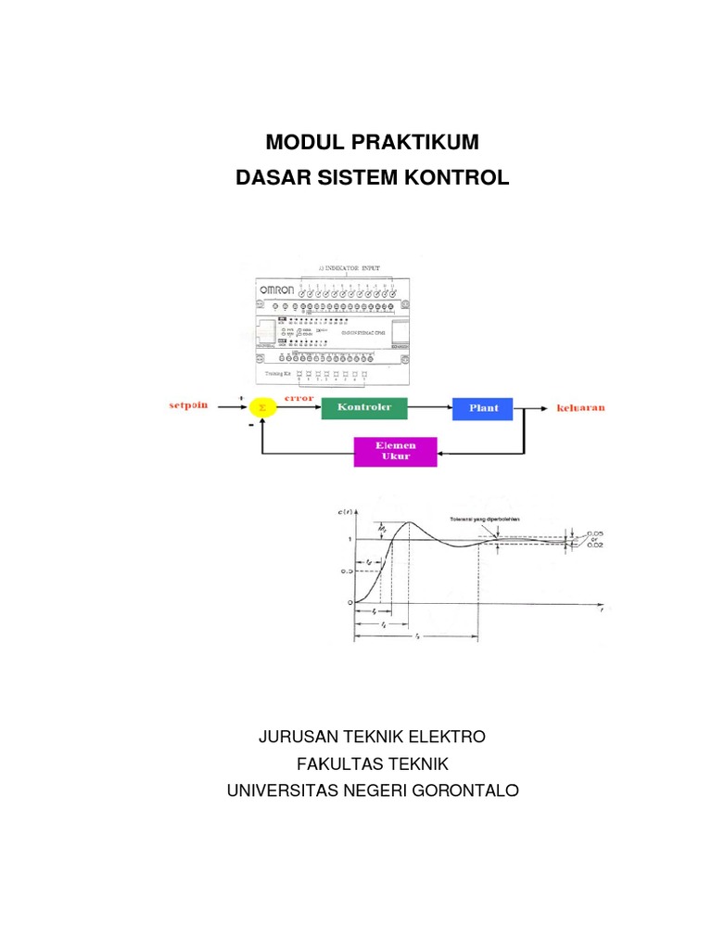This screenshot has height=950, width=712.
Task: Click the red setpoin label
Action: coord(191,405)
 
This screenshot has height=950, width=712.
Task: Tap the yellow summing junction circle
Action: coord(261,407)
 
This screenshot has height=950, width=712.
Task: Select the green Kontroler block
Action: coord(364,407)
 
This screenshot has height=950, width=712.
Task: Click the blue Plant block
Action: coord(483,407)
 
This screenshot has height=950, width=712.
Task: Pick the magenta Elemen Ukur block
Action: coord(395,452)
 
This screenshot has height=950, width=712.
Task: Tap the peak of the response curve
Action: coord(409,522)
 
